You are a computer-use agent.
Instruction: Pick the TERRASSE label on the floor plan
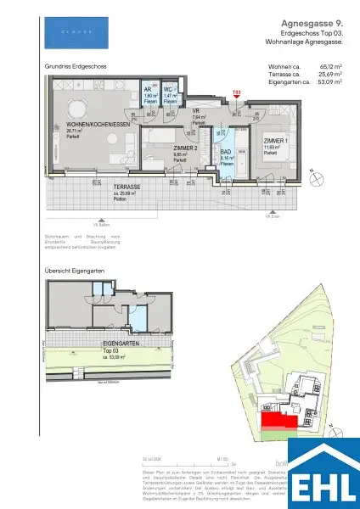[x=127, y=185]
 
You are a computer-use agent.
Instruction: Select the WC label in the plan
[x=169, y=87]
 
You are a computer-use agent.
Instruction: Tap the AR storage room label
[x=147, y=87]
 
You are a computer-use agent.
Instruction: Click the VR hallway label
[x=194, y=109]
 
